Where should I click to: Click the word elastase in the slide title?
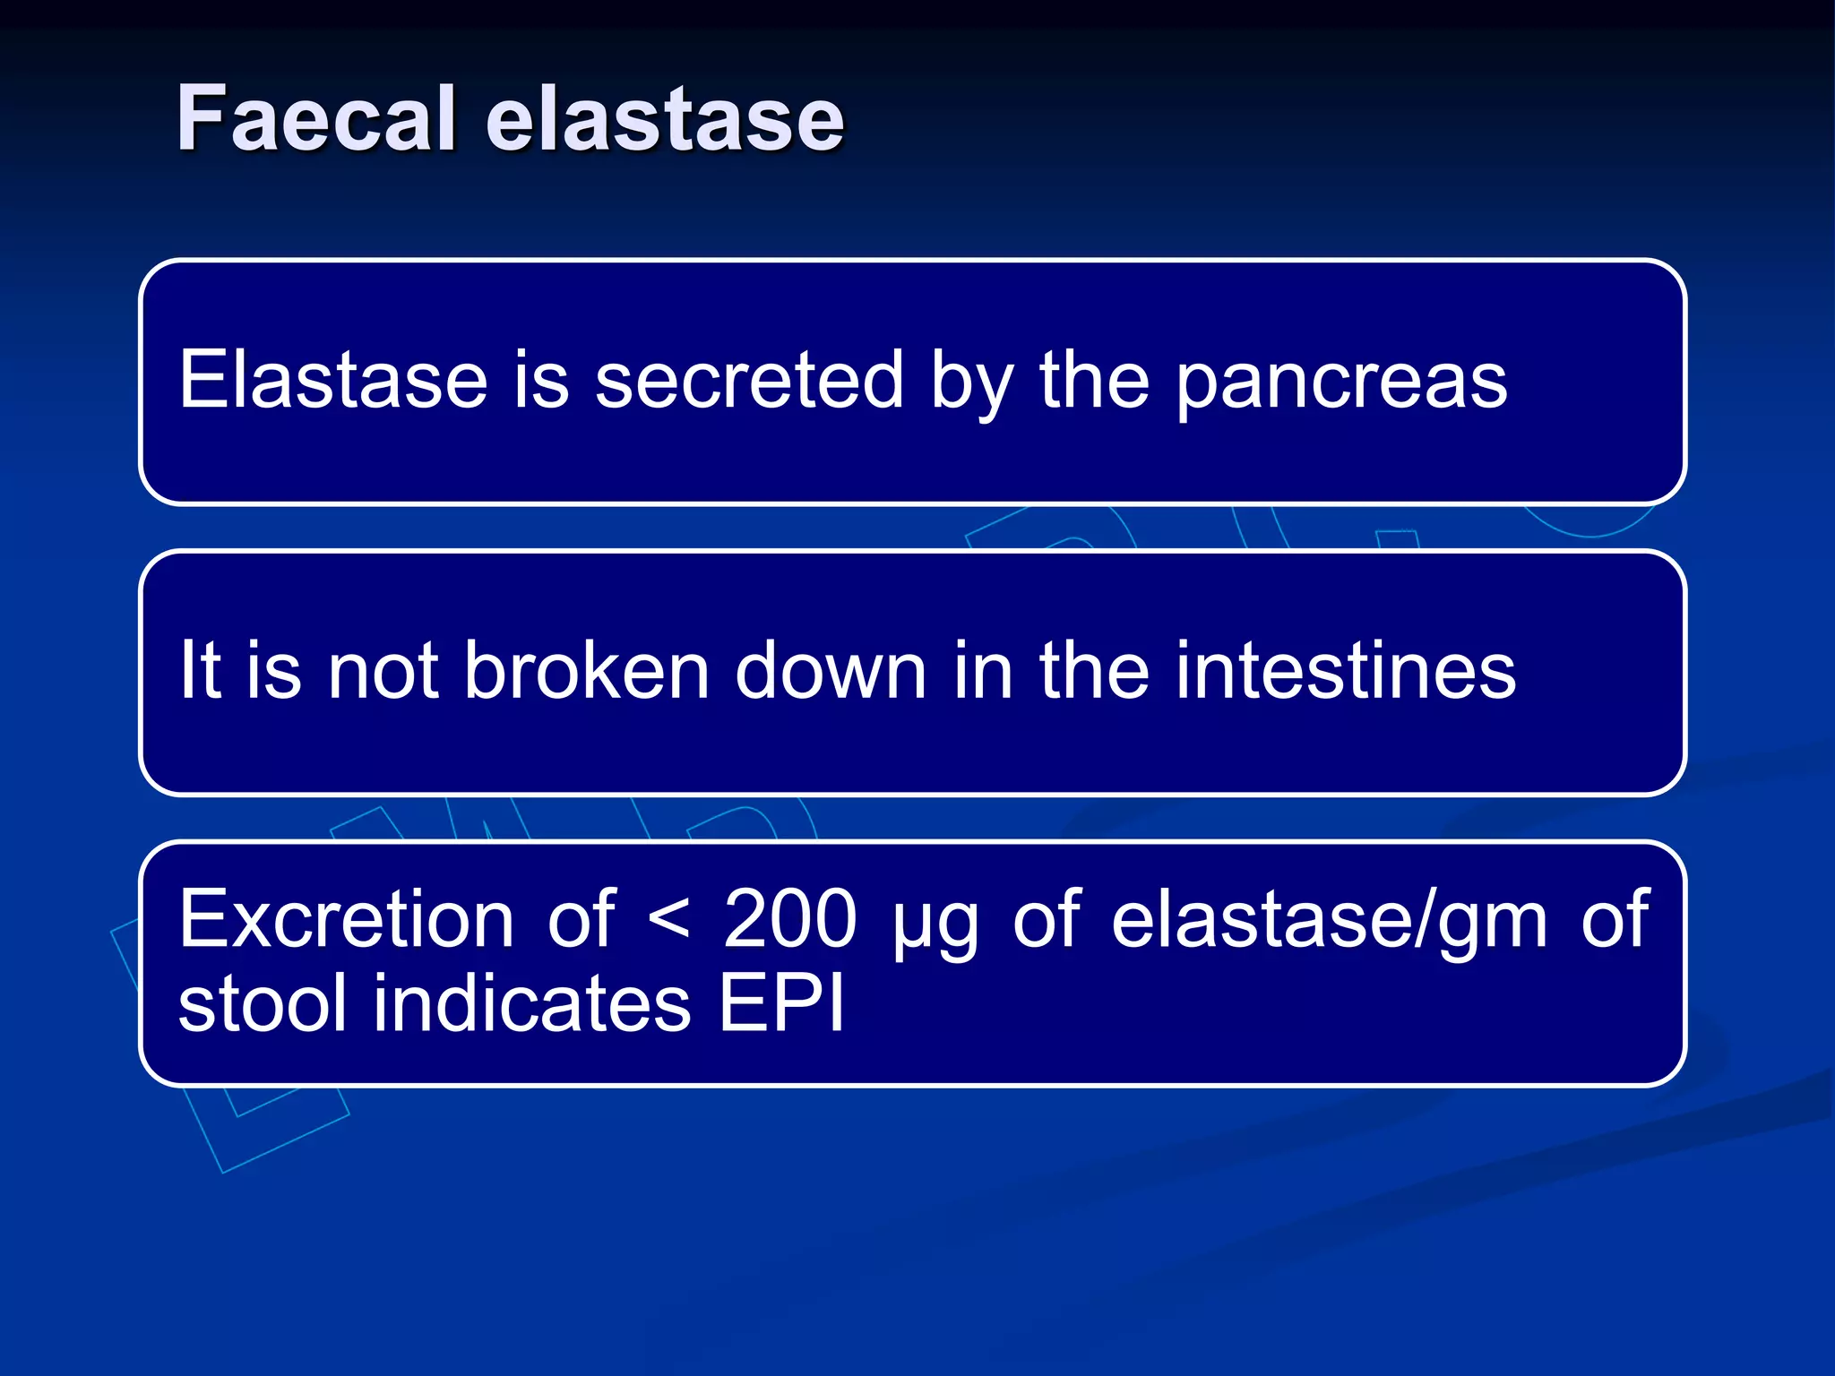[665, 118]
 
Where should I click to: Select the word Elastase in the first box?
[332, 380]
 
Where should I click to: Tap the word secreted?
[749, 380]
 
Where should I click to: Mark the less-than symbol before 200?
[668, 921]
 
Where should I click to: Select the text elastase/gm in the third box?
[1330, 921]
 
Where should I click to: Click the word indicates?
[532, 1003]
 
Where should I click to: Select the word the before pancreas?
[1094, 380]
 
